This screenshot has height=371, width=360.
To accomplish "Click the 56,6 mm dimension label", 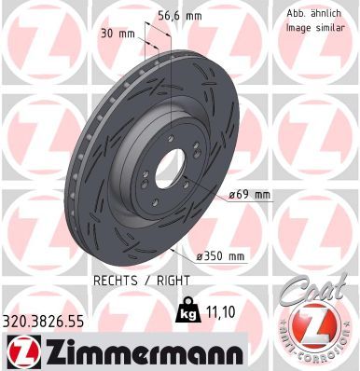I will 168,15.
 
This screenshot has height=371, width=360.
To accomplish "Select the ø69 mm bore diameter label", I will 248,195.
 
